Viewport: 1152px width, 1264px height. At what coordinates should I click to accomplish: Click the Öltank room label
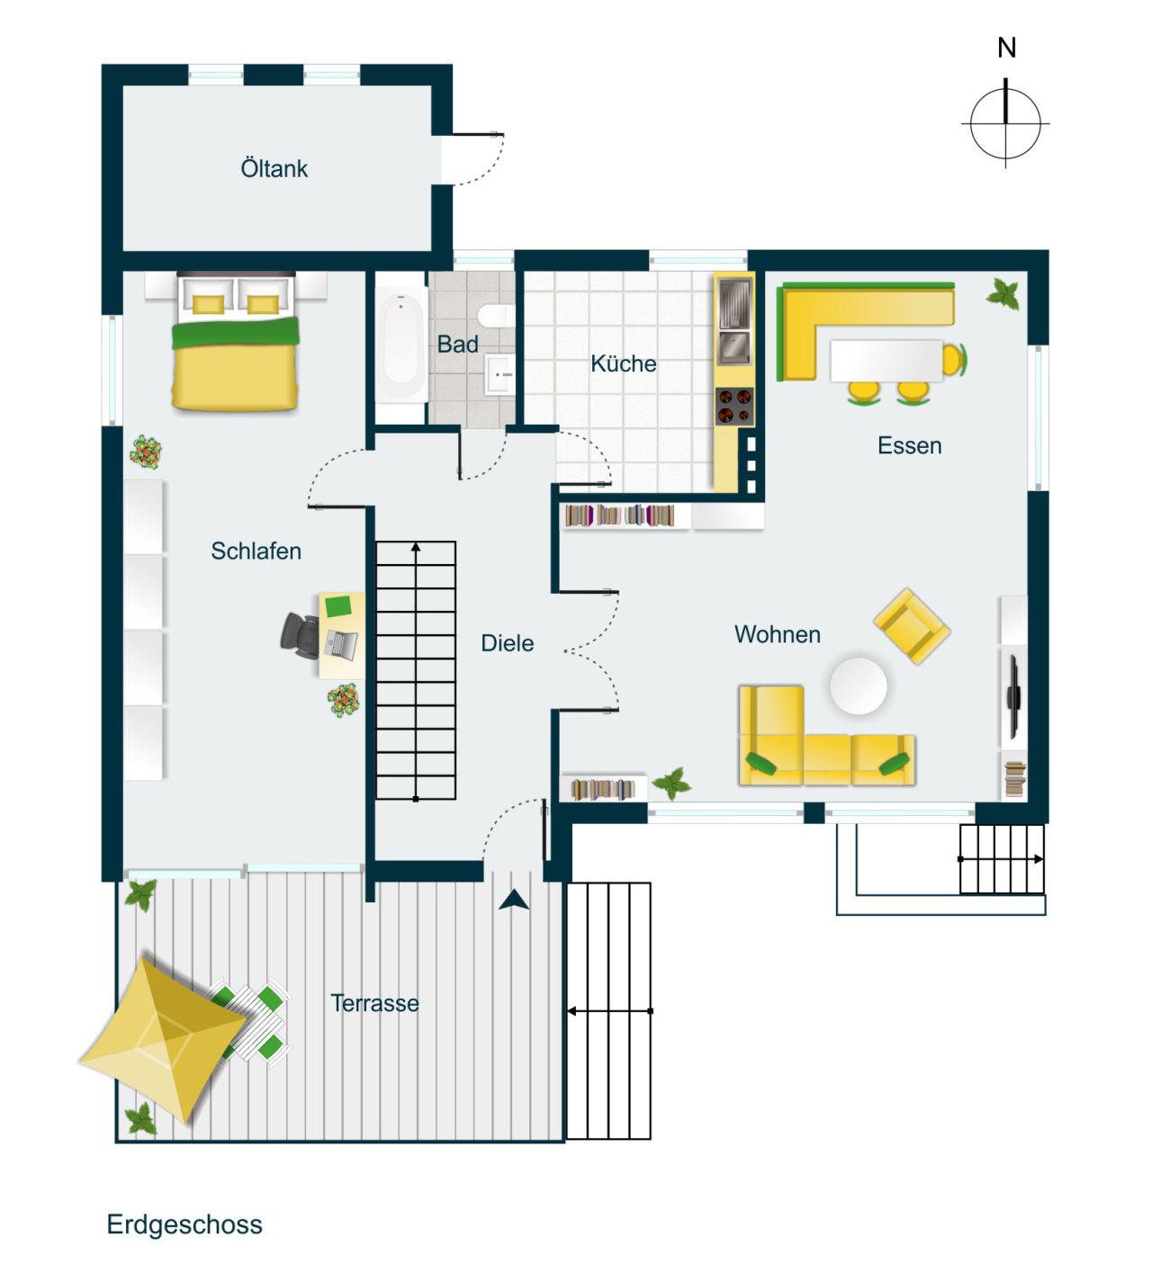[274, 168]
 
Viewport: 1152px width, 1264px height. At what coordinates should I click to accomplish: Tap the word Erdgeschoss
[184, 1224]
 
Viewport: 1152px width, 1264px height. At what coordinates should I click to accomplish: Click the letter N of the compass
[1006, 48]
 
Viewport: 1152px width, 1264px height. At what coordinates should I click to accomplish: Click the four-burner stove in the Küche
[734, 406]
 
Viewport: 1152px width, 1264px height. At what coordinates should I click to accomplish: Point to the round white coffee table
[858, 686]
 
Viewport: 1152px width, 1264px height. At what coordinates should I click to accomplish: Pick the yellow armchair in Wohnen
[911, 626]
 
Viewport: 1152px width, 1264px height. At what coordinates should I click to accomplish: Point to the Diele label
[507, 643]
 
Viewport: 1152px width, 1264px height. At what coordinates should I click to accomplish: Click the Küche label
[623, 363]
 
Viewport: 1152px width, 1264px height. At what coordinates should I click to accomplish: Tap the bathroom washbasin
[499, 374]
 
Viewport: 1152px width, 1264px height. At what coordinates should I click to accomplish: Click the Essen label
[909, 445]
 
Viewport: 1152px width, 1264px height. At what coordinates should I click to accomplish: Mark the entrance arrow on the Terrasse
[514, 900]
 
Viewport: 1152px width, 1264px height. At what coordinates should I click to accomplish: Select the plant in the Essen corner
[1003, 293]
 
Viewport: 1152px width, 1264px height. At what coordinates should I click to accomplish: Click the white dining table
[886, 361]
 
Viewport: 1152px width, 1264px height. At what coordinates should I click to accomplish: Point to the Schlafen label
[256, 551]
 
